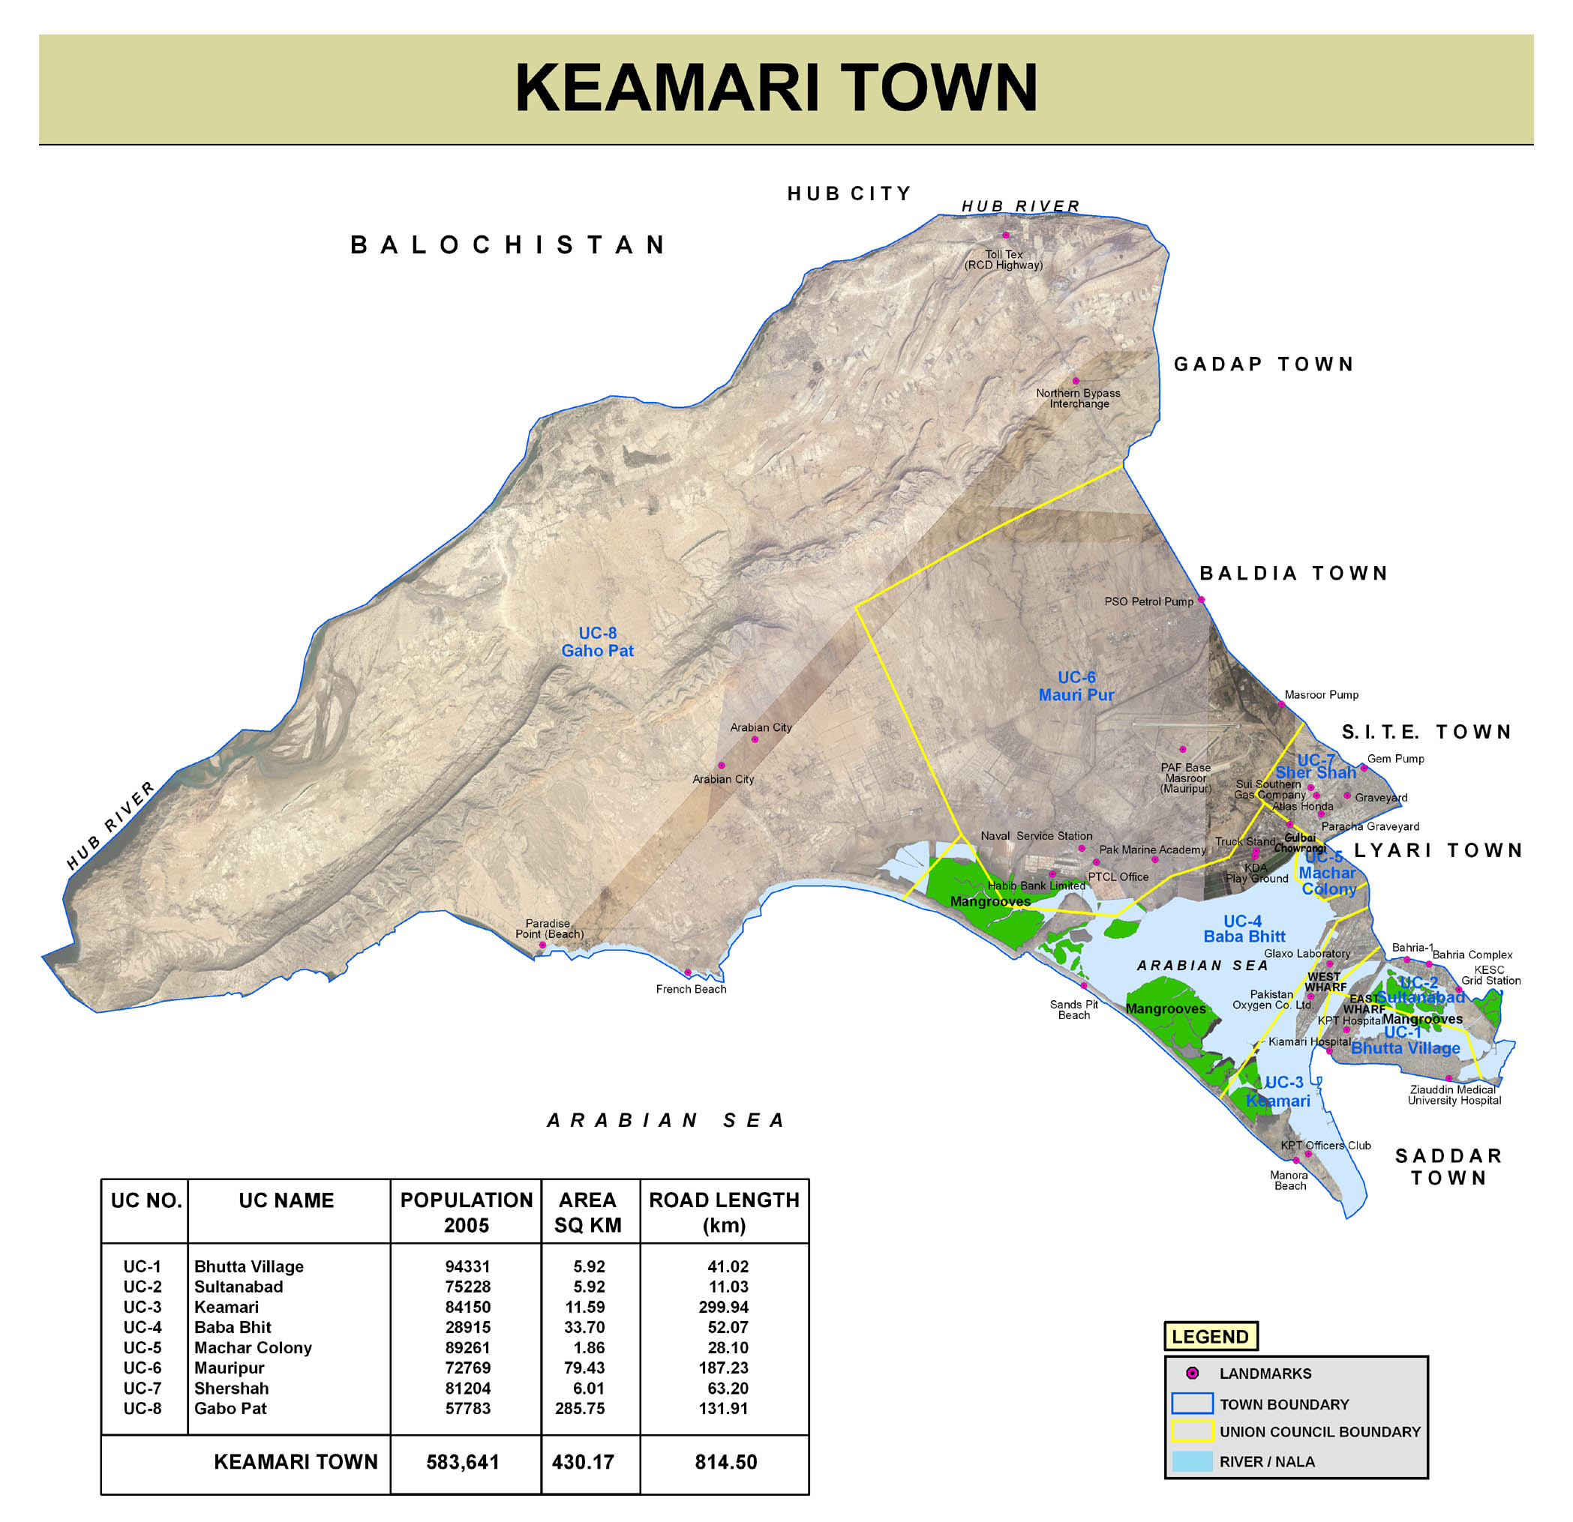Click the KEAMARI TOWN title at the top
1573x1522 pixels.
[776, 88]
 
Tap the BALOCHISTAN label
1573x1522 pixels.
[509, 244]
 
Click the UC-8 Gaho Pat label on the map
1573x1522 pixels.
[597, 642]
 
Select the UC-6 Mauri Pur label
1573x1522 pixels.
[1076, 686]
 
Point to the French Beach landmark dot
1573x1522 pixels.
[688, 972]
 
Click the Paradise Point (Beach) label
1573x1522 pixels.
[549, 928]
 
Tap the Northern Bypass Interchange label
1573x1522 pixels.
[1078, 398]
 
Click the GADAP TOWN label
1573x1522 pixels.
[1264, 364]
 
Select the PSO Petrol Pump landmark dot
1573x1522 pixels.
[1202, 599]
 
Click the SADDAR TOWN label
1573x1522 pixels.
[1448, 1167]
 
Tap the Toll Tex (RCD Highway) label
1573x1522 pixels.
[1003, 259]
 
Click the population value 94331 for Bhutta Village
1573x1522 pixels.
[467, 1266]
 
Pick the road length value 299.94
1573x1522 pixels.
[723, 1307]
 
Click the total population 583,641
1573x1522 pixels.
[463, 1462]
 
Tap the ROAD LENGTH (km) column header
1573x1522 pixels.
[724, 1212]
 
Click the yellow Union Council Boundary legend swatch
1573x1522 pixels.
[1192, 1431]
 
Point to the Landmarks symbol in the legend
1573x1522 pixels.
[1193, 1374]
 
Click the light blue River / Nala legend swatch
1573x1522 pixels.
[1192, 1461]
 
